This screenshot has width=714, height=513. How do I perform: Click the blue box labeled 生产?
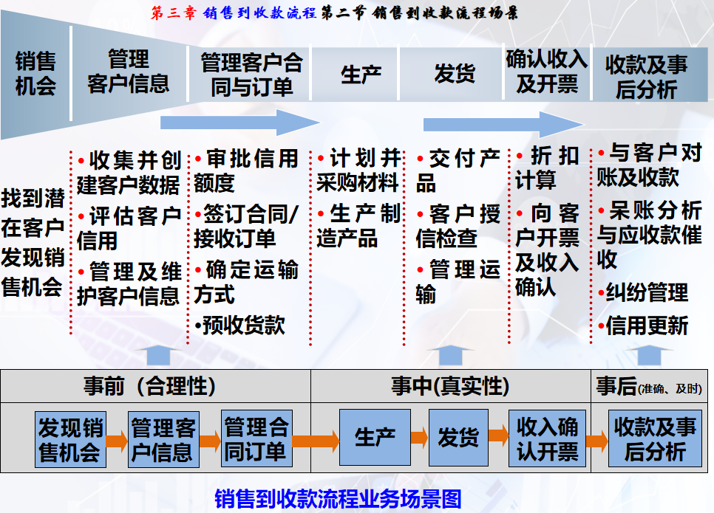tap(375, 438)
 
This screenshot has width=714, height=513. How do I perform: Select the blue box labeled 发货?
tap(458, 438)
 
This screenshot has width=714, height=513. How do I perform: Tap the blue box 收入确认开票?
tap(548, 438)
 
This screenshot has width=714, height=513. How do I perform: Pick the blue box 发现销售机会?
tap(70, 440)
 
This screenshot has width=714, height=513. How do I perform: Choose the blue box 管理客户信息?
tap(163, 440)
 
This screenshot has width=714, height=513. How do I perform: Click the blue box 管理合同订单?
tap(256, 440)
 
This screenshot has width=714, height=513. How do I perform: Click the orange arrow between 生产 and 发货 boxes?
tap(419, 438)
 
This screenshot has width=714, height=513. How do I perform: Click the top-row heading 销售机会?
tap(35, 75)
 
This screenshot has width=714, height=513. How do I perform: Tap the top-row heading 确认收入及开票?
tap(547, 72)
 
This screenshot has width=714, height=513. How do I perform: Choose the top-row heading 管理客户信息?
tap(129, 72)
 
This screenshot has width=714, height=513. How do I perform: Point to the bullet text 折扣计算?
tap(547, 168)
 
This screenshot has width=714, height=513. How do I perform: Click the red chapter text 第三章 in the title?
tap(172, 13)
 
